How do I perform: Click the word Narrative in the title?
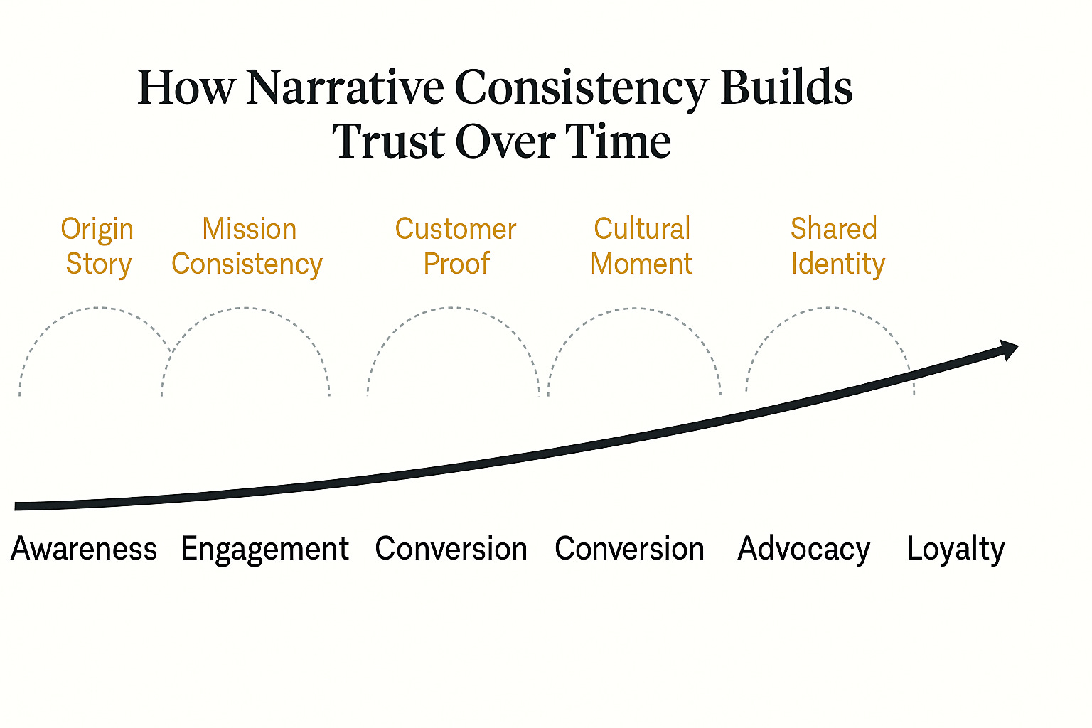(x=344, y=87)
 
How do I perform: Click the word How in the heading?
(x=186, y=87)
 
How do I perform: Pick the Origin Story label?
(x=97, y=246)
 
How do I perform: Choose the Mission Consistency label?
(x=247, y=246)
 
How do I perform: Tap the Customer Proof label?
(x=456, y=246)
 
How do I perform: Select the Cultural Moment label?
(x=641, y=246)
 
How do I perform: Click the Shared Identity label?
(x=837, y=246)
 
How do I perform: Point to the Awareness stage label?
(x=84, y=549)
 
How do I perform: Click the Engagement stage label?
(x=264, y=549)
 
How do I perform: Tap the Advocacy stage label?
(x=803, y=549)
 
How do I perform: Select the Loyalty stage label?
(x=955, y=549)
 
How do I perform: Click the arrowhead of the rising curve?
(x=1010, y=349)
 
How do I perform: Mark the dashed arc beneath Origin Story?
(x=96, y=309)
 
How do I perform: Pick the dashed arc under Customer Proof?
(x=452, y=309)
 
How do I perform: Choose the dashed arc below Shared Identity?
(x=829, y=309)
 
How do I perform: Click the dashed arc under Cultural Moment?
(x=634, y=309)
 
